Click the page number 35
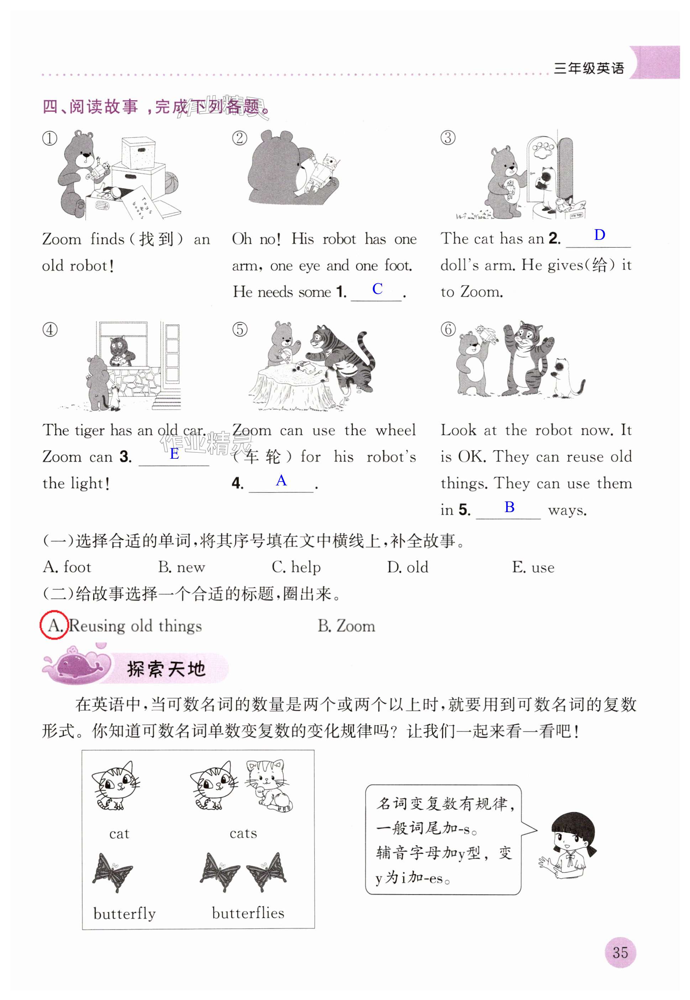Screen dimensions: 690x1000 point(620,952)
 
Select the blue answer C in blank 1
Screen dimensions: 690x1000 point(377,289)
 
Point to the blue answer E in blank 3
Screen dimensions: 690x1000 point(174,453)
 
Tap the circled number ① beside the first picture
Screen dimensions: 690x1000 point(50,138)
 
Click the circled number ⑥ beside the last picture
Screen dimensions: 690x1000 point(448,329)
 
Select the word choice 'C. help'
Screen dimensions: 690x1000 point(296,567)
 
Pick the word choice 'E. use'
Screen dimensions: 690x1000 point(533,567)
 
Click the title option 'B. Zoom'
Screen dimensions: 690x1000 point(346,626)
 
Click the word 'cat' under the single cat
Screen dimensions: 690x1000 point(119,833)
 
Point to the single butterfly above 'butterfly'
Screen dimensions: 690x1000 point(113,873)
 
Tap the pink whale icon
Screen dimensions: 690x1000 point(78,665)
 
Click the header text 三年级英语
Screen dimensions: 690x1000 point(589,68)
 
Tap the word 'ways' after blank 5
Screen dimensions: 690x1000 point(567,510)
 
